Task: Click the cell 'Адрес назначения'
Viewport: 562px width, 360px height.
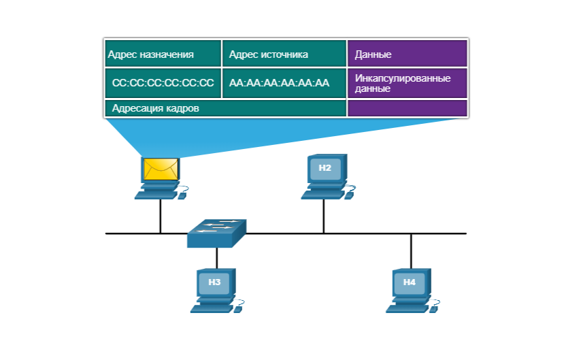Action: coord(163,54)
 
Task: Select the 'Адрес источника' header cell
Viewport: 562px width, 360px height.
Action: coord(284,54)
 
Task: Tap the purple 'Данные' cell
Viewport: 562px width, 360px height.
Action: coord(407,54)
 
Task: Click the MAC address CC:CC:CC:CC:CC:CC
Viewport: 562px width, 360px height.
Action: coord(163,83)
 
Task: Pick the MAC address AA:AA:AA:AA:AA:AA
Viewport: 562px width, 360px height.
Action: coord(284,83)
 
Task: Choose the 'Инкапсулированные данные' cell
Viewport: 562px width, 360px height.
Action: coord(407,83)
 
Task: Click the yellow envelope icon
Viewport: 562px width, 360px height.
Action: coord(161,168)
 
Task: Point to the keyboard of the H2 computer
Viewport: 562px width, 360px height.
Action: coord(320,195)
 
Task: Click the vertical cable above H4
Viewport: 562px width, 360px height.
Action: coord(411,250)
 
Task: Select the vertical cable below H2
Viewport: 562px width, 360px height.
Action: coord(324,216)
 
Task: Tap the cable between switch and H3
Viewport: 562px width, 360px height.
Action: coord(216,257)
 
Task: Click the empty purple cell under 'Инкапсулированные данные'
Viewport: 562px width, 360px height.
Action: coord(407,108)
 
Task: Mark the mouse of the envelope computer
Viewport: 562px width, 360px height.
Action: coord(182,195)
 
